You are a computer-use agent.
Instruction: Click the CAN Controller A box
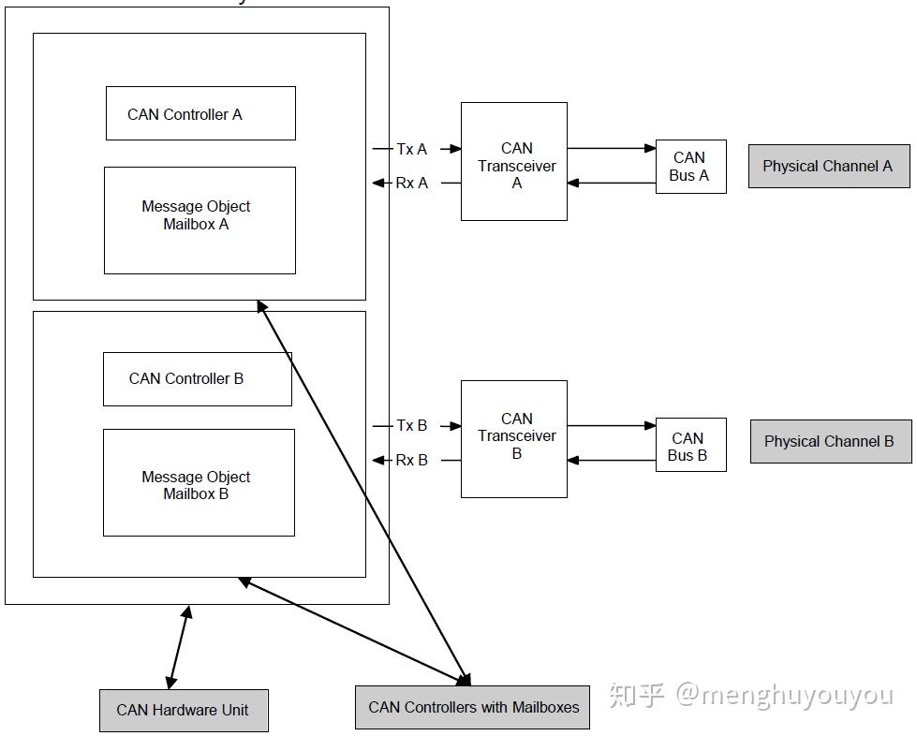click(x=200, y=113)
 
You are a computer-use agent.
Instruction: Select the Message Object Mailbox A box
click(x=200, y=220)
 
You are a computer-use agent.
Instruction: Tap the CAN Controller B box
click(x=198, y=379)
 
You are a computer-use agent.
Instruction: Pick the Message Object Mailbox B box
click(x=199, y=483)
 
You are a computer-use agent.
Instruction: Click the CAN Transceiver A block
click(x=514, y=161)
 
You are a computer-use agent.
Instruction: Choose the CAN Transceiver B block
click(x=514, y=439)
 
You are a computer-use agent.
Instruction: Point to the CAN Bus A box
click(x=690, y=167)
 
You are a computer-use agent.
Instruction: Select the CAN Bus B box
click(x=690, y=445)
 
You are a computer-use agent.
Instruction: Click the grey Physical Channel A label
click(x=829, y=166)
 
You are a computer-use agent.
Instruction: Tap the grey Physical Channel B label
click(x=831, y=441)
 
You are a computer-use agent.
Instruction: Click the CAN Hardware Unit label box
click(x=184, y=711)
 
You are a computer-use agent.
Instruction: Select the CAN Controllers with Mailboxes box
click(x=472, y=707)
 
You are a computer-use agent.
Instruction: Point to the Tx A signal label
click(x=412, y=149)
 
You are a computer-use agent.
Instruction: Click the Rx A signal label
click(x=412, y=183)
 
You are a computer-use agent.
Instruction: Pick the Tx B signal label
click(x=412, y=425)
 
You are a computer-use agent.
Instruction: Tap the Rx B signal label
click(x=412, y=460)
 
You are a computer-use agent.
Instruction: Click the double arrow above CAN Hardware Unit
click(x=179, y=647)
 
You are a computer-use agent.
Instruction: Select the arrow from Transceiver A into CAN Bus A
click(x=611, y=149)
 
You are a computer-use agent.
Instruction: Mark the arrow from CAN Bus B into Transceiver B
click(x=611, y=461)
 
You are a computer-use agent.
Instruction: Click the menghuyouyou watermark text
click(x=784, y=695)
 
